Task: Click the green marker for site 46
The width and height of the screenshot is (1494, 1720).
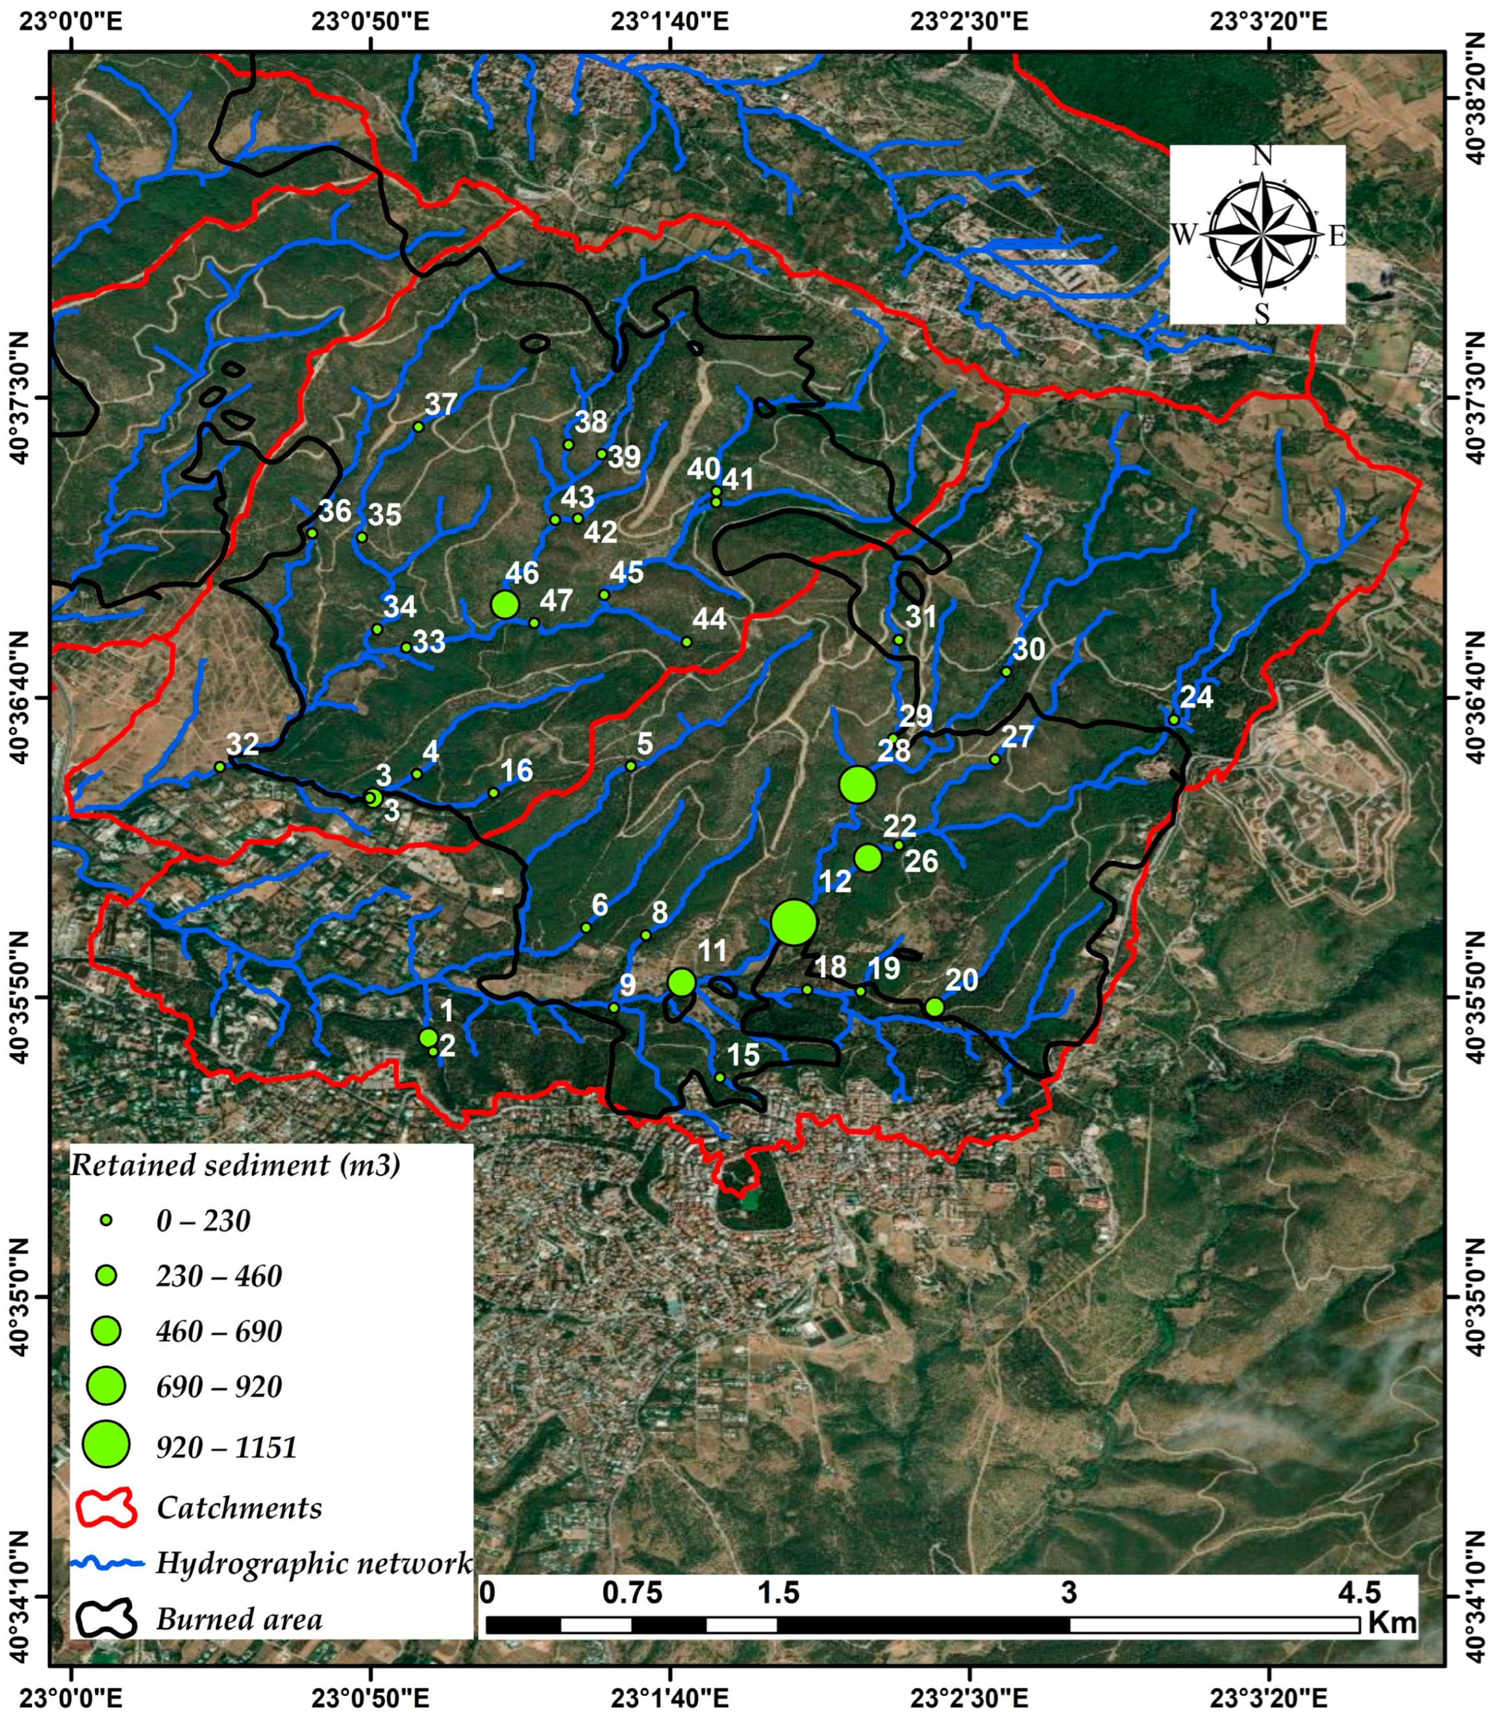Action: [x=505, y=604]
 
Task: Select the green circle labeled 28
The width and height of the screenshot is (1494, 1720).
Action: [x=858, y=784]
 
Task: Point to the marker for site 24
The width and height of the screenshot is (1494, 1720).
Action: [x=1174, y=720]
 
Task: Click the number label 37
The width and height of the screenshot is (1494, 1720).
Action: [x=441, y=404]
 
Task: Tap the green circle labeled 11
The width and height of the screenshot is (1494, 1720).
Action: [x=682, y=982]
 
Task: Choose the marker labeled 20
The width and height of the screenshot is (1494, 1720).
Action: [x=934, y=1007]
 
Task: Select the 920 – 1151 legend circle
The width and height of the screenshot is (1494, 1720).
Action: [x=106, y=1446]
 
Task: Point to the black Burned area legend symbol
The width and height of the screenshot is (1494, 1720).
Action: [x=106, y=1619]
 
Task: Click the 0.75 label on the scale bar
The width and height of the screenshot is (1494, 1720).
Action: [x=632, y=1593]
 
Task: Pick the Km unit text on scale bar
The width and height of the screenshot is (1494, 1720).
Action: [x=1391, y=1622]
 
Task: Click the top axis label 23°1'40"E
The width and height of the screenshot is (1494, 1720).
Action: [x=669, y=20]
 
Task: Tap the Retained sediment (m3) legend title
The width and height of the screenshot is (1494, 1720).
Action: [x=234, y=1164]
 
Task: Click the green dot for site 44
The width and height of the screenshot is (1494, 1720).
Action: [x=687, y=642]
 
